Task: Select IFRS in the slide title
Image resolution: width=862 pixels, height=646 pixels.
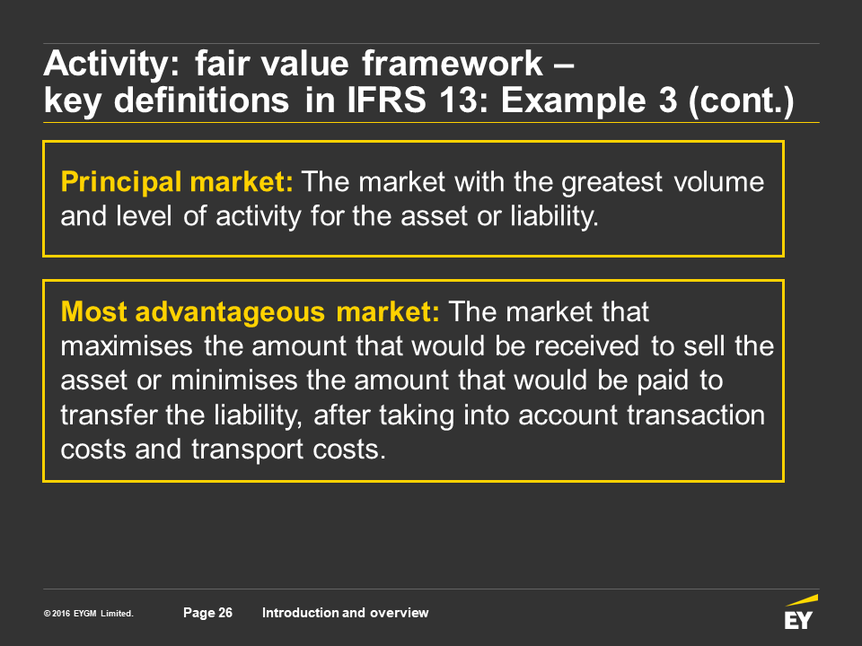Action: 386,100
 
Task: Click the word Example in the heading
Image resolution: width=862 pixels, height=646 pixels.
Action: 573,101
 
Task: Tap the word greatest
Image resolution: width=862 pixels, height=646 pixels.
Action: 611,183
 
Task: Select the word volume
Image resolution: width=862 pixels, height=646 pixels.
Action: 719,182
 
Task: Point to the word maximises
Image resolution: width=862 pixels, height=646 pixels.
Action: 127,346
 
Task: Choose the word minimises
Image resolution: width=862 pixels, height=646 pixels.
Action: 234,380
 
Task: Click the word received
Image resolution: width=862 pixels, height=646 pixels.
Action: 586,346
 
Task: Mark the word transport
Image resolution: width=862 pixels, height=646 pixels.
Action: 248,450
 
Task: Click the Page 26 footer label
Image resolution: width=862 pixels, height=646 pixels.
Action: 207,613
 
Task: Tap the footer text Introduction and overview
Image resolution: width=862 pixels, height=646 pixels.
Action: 345,613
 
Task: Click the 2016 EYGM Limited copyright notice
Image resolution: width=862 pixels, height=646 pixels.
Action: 89,614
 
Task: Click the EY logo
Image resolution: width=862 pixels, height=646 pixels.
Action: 800,612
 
